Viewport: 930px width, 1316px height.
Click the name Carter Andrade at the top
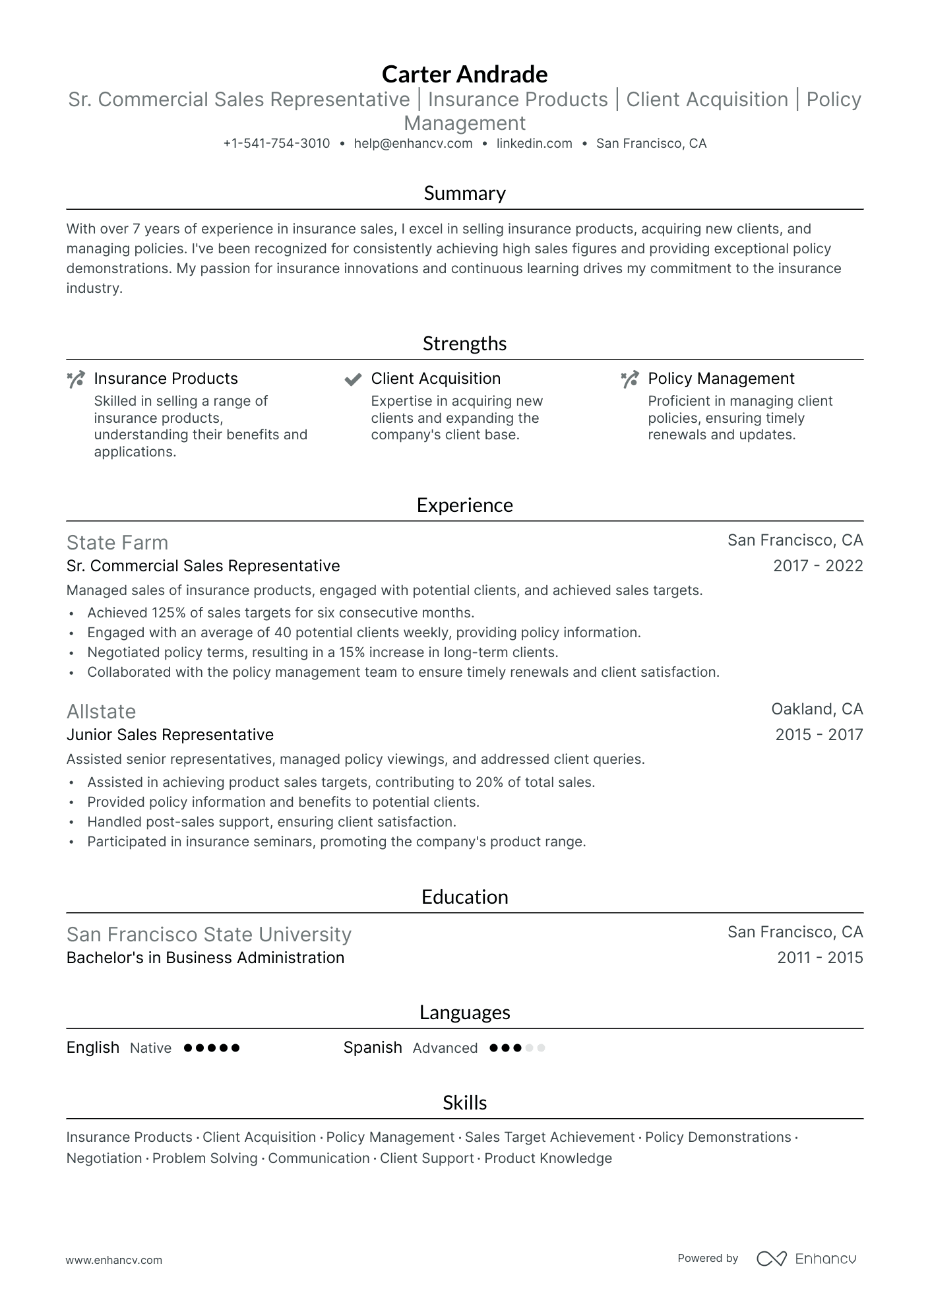pos(464,74)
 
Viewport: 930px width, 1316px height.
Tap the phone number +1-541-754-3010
pos(276,143)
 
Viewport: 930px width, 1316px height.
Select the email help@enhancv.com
pos(413,143)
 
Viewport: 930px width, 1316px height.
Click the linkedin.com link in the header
pos(534,143)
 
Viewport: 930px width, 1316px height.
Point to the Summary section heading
pos(464,193)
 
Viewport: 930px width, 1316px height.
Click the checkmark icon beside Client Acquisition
pos(353,379)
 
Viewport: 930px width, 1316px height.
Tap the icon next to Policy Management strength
pos(630,379)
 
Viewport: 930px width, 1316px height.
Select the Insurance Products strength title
pos(166,379)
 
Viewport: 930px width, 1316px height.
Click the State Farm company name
pos(117,542)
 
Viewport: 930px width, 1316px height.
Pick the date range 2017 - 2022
pos(818,566)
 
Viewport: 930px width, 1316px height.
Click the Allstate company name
pos(101,711)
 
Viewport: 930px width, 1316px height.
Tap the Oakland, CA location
pos(817,709)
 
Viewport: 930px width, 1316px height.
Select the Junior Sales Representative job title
pos(170,735)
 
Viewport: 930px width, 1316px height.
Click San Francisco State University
pos(208,934)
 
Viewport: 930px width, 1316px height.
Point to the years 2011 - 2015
pos(820,958)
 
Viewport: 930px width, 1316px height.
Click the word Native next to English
pos(150,1048)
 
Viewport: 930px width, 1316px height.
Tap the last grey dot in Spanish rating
pos(541,1048)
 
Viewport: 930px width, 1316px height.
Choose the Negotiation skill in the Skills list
pos(104,1158)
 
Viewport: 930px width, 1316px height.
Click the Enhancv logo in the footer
pos(806,1259)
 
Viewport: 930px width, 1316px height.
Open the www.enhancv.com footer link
pos(114,1260)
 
